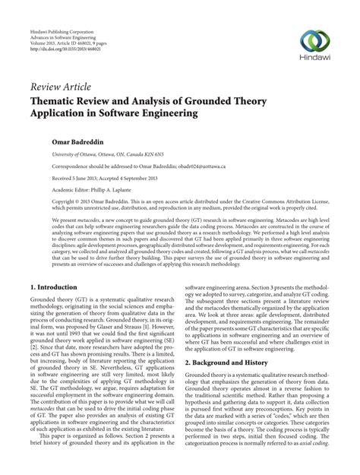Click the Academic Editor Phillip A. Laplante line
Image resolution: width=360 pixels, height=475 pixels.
pyautogui.click(x=89, y=189)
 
